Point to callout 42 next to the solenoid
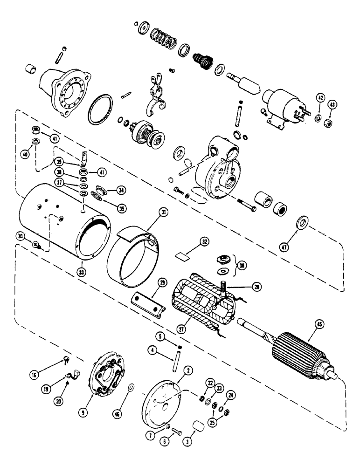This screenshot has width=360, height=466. (319, 98)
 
